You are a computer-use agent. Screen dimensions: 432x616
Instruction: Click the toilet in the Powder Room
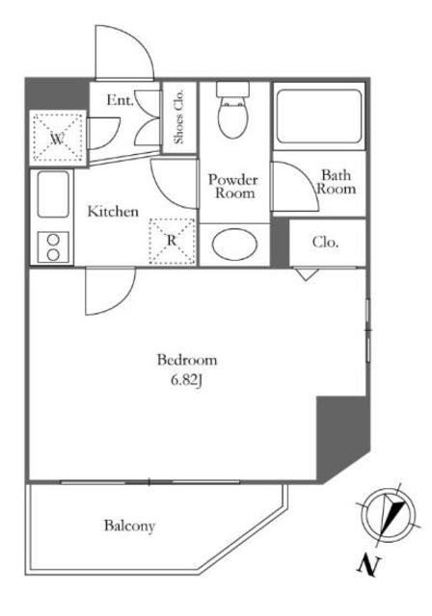232,110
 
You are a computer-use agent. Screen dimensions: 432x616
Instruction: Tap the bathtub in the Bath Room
318,116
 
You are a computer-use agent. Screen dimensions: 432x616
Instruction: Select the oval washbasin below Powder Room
234,244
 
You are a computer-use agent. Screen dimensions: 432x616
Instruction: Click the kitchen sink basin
53,194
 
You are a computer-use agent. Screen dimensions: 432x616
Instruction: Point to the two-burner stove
53,247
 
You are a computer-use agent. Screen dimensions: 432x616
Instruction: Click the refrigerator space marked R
172,242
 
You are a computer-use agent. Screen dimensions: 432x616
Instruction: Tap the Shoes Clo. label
179,116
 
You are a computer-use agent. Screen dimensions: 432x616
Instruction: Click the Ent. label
120,100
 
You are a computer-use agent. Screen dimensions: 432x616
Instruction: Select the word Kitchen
113,212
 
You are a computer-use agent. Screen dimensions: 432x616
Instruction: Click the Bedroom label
187,360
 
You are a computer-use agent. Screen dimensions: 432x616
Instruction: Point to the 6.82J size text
186,380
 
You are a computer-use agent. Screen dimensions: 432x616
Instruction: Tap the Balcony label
129,526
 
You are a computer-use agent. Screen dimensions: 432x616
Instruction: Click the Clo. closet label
325,242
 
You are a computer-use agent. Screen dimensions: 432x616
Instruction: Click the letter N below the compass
368,566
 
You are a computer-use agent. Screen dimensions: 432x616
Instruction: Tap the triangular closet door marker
306,273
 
